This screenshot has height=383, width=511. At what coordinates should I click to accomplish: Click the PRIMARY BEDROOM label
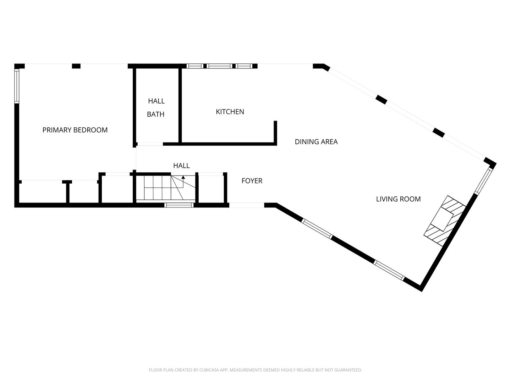(x=75, y=130)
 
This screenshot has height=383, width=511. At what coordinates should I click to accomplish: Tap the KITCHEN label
(x=230, y=112)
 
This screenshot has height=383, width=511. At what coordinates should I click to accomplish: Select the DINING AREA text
(x=316, y=142)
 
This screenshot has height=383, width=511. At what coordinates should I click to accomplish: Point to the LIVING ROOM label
(x=398, y=199)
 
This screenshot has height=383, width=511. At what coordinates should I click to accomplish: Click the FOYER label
(x=252, y=181)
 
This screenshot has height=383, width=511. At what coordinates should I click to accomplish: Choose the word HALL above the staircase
(x=181, y=166)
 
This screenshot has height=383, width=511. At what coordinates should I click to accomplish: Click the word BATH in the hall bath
(x=156, y=115)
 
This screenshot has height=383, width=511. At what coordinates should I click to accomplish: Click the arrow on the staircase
(x=183, y=177)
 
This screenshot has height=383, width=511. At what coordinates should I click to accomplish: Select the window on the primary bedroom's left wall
(x=17, y=86)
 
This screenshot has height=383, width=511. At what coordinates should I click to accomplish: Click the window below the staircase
(x=179, y=205)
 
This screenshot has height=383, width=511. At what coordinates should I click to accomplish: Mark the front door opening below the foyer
(x=247, y=205)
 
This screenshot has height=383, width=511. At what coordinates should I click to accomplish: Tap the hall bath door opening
(x=150, y=144)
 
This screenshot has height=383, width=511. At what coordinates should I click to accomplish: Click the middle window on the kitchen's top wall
(x=219, y=66)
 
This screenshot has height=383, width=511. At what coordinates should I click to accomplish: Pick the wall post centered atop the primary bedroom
(x=76, y=66)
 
